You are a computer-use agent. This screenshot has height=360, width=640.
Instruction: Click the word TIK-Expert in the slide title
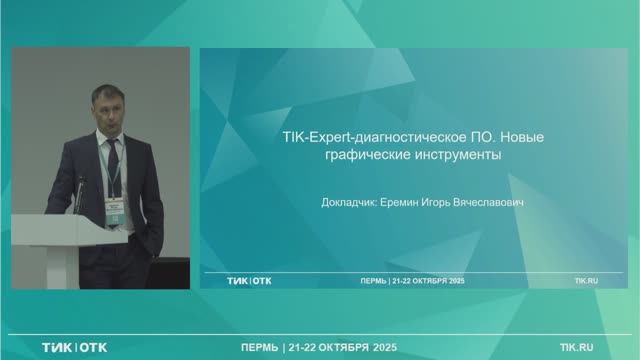tap(306, 140)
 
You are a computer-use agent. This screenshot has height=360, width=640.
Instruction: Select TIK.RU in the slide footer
tap(586, 281)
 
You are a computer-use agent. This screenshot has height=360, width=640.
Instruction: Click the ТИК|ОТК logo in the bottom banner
tap(74, 347)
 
